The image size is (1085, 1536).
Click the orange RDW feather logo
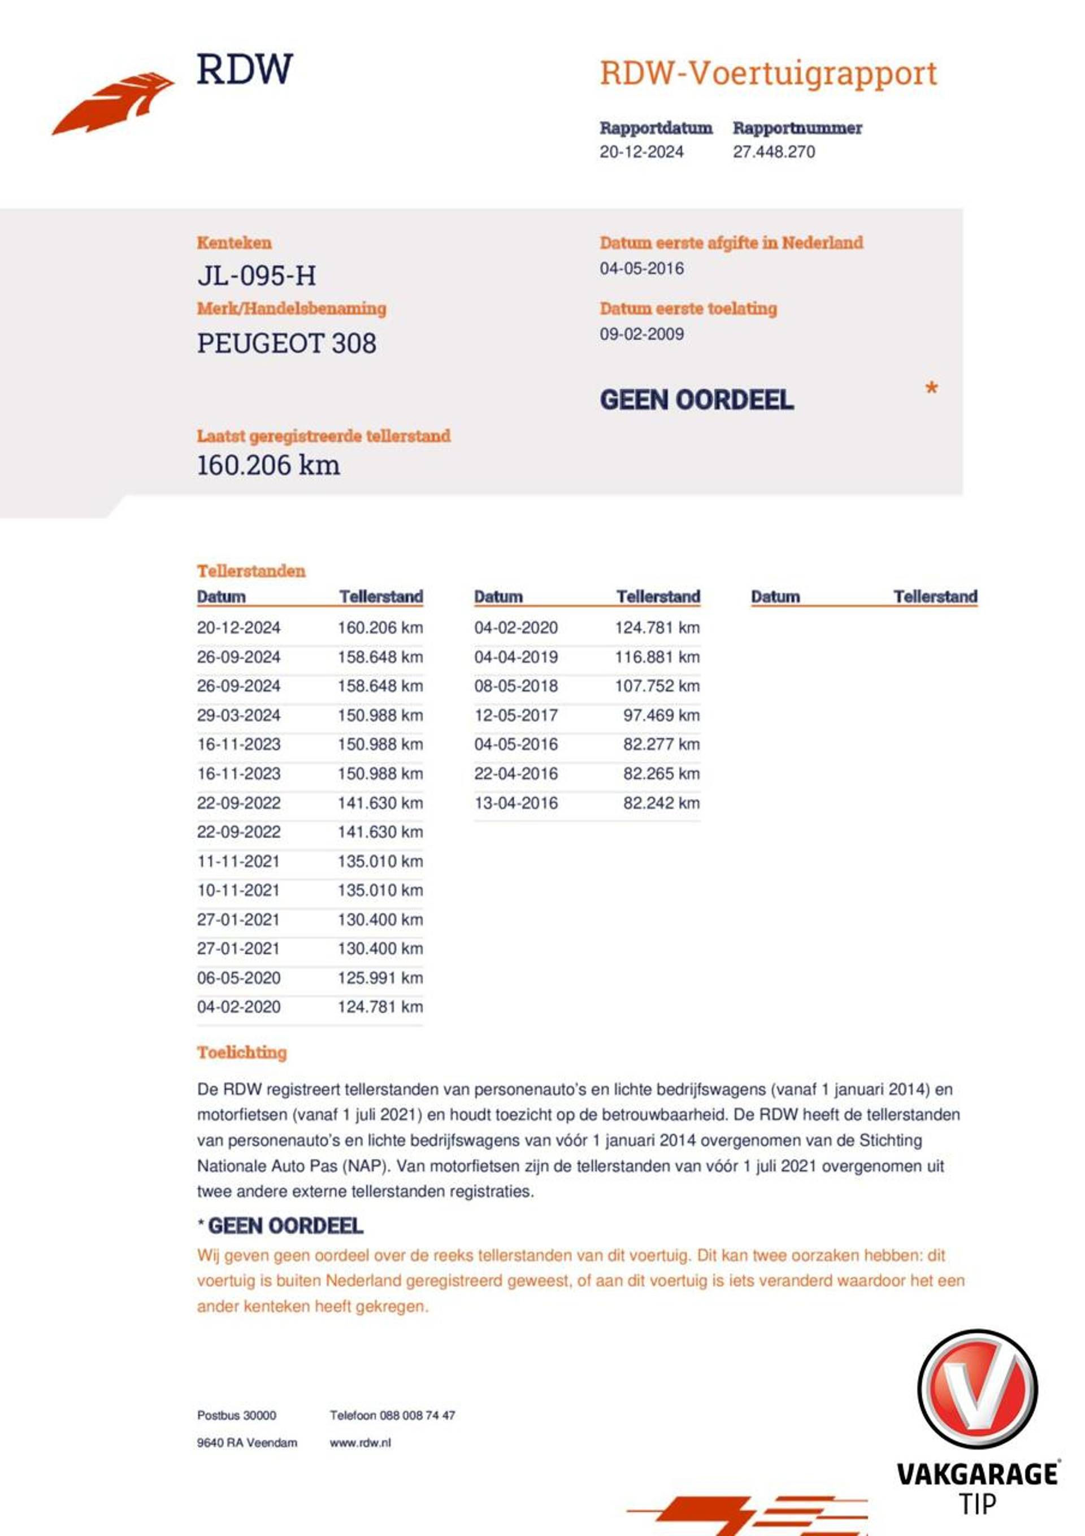click(x=112, y=104)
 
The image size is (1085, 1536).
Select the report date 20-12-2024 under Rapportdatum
click(x=641, y=152)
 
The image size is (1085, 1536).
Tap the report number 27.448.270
click(x=773, y=152)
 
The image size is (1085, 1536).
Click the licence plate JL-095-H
click(x=257, y=276)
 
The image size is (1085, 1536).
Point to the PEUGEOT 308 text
click(x=287, y=343)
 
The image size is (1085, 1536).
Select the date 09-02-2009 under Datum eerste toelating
click(x=641, y=334)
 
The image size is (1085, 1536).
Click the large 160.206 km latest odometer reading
click(x=268, y=465)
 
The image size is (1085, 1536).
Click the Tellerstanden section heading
click(x=251, y=571)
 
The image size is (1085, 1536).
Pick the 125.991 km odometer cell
click(x=380, y=977)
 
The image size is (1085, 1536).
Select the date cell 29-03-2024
click(x=238, y=715)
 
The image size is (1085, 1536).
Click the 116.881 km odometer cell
click(x=657, y=657)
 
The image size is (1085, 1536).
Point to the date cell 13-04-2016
click(x=515, y=803)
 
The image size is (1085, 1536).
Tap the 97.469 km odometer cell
click(x=661, y=715)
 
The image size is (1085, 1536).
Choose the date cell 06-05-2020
click(x=238, y=977)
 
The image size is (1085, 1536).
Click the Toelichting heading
click(x=242, y=1052)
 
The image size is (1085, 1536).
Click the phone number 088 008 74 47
click(x=417, y=1415)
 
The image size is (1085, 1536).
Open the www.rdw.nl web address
click(x=360, y=1442)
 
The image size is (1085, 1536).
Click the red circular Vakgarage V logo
click(x=976, y=1388)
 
